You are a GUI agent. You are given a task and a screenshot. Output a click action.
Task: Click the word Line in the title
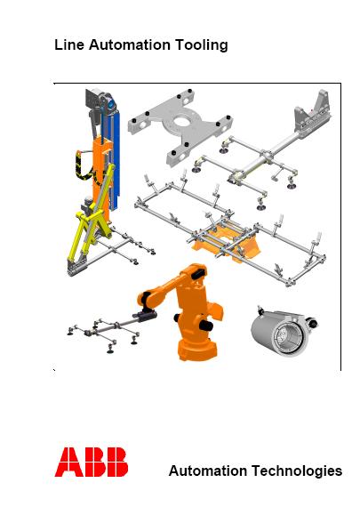pos(69,44)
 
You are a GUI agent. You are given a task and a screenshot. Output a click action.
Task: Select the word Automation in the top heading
pos(130,44)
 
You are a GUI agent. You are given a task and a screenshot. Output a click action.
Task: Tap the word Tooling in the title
pos(201,45)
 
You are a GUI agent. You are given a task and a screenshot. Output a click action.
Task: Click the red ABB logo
pos(92,462)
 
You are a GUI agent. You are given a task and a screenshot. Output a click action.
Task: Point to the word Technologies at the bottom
pos(297,471)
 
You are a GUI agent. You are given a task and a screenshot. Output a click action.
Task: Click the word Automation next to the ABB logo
pos(208,471)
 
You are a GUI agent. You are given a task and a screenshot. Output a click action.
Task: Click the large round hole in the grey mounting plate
pos(184,121)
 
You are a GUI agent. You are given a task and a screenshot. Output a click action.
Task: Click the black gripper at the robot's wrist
pos(144,315)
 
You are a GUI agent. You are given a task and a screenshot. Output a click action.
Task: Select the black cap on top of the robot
pos(198,272)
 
